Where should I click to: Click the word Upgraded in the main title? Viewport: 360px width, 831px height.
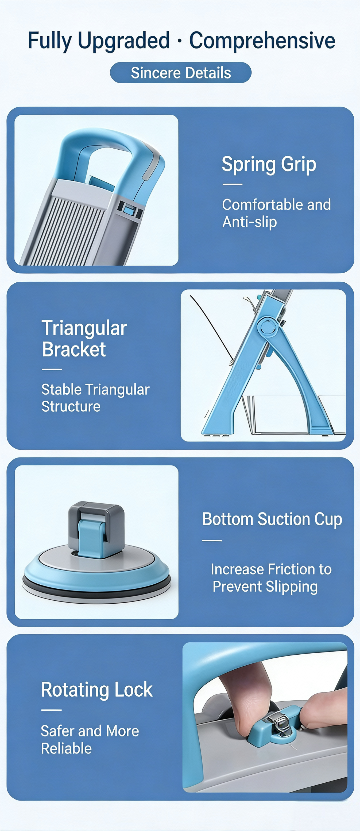[123, 41]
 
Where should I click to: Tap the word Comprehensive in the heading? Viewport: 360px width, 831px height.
[262, 41]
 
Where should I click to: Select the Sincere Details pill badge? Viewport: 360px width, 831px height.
[181, 73]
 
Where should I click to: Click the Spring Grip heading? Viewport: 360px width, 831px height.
[269, 165]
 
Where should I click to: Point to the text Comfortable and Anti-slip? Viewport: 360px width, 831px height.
[276, 213]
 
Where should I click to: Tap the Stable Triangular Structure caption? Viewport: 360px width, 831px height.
[95, 398]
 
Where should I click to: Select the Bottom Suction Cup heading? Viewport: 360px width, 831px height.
[272, 520]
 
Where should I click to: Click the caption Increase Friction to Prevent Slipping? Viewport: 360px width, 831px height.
[271, 578]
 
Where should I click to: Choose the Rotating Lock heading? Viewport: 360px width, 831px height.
[97, 689]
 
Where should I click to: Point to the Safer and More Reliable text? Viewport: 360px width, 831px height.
[90, 740]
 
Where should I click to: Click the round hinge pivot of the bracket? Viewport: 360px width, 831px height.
[268, 327]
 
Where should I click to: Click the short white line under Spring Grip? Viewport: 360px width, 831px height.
[232, 184]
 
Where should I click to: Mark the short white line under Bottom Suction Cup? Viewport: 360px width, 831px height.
[212, 540]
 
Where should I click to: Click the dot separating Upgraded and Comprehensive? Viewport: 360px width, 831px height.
[180, 41]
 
